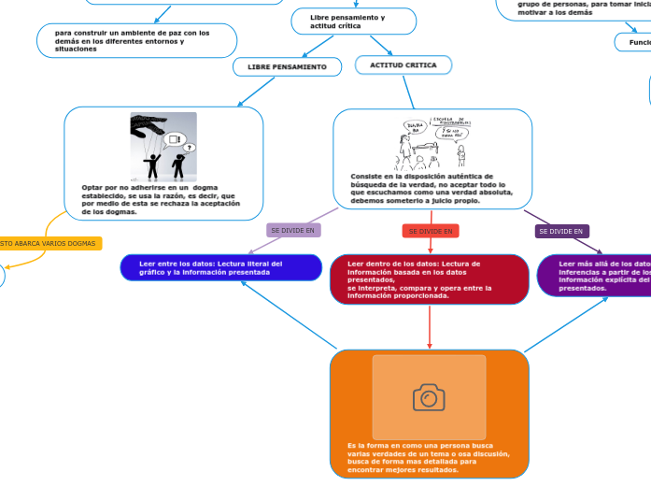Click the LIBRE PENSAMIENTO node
pos(287,67)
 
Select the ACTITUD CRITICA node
pos(403,64)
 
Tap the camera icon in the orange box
pos(429,398)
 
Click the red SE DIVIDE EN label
pos(431,231)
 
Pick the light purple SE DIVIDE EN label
pos(292,230)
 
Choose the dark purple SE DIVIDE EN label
pos(561,231)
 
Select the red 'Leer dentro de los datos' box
pos(429,279)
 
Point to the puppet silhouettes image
pos(163,147)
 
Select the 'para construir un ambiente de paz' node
pos(136,40)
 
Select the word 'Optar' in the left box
pos(92,187)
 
